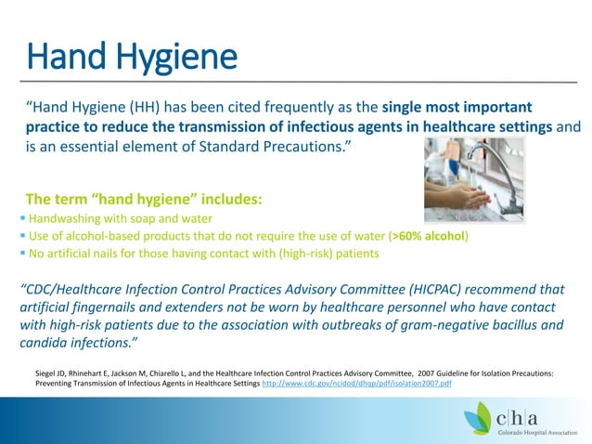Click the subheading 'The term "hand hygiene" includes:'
click(x=144, y=199)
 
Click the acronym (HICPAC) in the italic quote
click(x=389, y=286)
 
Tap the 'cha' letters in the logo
click(x=534, y=407)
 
